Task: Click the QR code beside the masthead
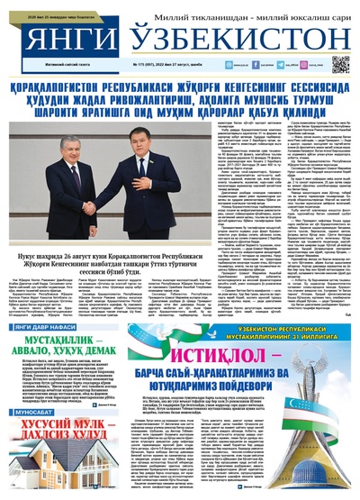pos(340,64)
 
